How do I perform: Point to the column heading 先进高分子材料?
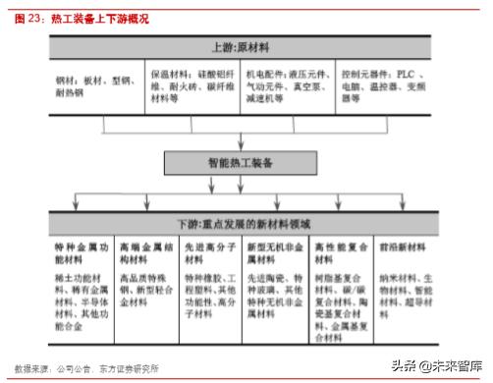pyautogui.click(x=201, y=254)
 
